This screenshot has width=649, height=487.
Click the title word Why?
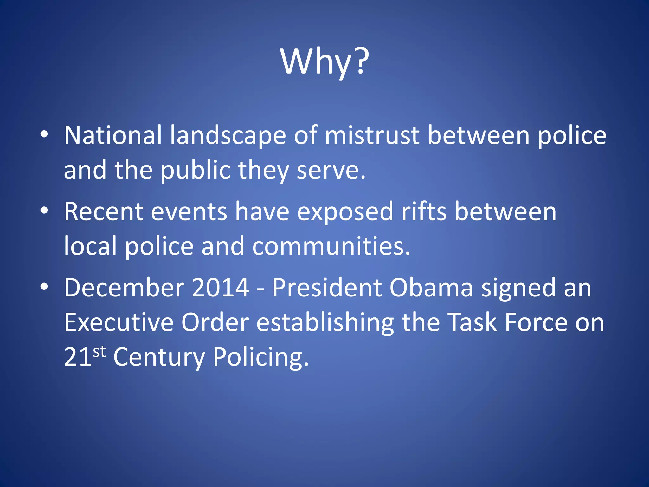324,62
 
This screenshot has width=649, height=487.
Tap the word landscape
228,135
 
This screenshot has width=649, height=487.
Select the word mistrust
372,135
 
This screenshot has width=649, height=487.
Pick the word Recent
104,212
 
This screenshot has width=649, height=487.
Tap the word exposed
345,212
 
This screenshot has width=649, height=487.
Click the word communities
331,246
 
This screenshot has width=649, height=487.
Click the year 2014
220,288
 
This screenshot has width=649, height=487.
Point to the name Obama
431,288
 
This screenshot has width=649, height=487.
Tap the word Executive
119,323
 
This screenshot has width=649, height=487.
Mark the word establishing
325,323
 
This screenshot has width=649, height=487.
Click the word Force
536,323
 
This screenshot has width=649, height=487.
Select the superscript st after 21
99,351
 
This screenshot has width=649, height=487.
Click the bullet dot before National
44,134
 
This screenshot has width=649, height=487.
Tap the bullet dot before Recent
44,211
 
